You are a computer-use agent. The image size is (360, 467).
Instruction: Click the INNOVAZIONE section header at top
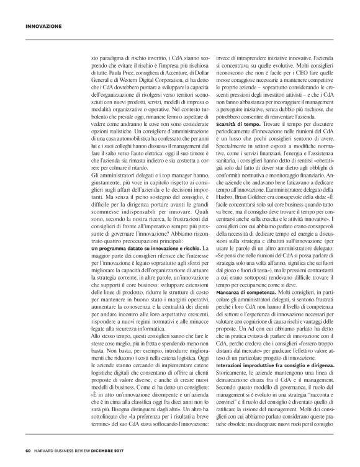tap(43, 27)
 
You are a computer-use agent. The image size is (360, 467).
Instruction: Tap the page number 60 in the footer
tap(29, 450)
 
